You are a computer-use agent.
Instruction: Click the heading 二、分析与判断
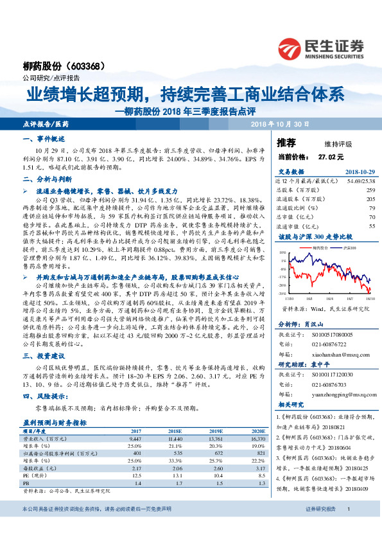click(x=46, y=181)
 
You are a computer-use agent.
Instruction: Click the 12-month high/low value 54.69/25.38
click(x=361, y=182)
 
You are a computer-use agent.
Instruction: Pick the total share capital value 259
click(x=370, y=191)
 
